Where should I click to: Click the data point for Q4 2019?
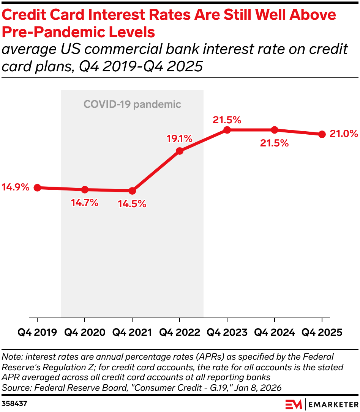pos(37,187)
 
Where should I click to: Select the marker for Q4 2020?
pos(85,190)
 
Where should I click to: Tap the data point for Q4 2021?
pos(132,191)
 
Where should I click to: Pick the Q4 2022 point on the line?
pos(180,151)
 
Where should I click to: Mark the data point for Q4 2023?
pos(227,130)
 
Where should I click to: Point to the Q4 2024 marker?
pos(275,130)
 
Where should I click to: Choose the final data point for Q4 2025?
pos(322,134)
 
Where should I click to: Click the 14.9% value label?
pos(15,187)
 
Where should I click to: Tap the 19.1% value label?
pos(180,138)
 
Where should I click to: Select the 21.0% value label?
pos(344,134)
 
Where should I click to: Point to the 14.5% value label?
pos(132,204)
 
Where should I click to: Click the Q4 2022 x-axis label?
pos(180,332)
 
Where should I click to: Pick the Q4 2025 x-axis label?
pos(322,332)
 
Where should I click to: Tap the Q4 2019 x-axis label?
pos(37,332)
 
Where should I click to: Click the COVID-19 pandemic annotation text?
pos(132,104)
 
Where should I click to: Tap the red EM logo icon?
pos(294,404)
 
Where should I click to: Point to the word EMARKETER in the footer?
pos(333,404)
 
